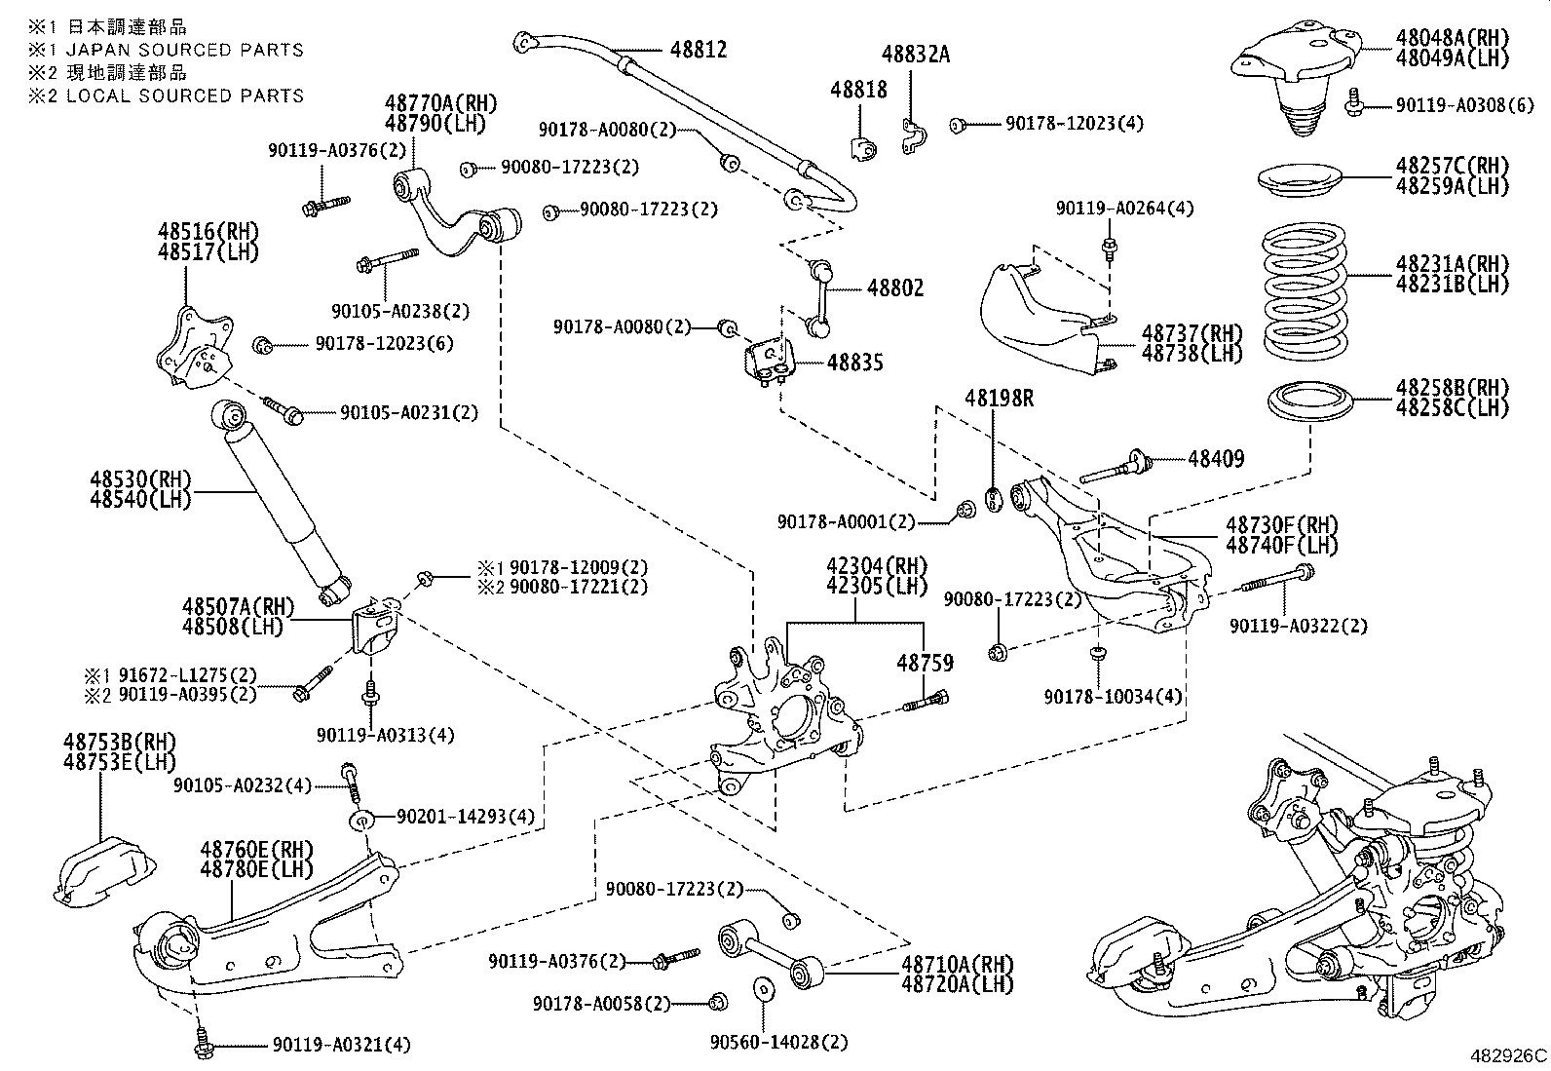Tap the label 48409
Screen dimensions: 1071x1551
[x=1215, y=458]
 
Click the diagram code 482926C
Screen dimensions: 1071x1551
[x=1507, y=1055]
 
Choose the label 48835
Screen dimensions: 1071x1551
[x=854, y=363]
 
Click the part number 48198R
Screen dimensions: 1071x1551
[x=1000, y=399]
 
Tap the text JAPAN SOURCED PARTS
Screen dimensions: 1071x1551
[x=185, y=50]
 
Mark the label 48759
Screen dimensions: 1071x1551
[x=925, y=663]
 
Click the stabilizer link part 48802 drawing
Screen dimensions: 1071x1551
[x=813, y=297]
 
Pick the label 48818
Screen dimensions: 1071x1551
[x=858, y=90]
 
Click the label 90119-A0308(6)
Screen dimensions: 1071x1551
[x=1451, y=104]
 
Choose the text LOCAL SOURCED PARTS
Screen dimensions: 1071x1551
[x=185, y=96]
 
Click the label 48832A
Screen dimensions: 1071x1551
[x=915, y=55]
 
